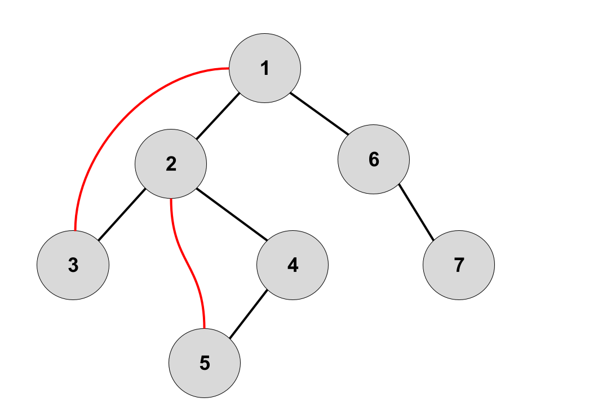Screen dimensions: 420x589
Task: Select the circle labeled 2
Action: coord(171,164)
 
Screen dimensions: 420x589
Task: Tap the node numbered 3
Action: coord(73,265)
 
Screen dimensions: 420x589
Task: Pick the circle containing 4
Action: coord(292,265)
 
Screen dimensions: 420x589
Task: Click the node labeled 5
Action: coord(205,363)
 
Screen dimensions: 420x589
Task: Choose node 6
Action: coord(374,159)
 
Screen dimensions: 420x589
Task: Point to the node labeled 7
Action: coord(459,265)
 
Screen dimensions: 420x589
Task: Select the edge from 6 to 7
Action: coord(416,211)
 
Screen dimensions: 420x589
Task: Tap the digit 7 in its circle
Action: coord(459,265)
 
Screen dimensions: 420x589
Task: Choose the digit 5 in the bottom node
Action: coord(205,363)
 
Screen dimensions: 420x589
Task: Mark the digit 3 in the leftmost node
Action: coord(73,265)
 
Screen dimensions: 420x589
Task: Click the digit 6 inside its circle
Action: coord(374,160)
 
